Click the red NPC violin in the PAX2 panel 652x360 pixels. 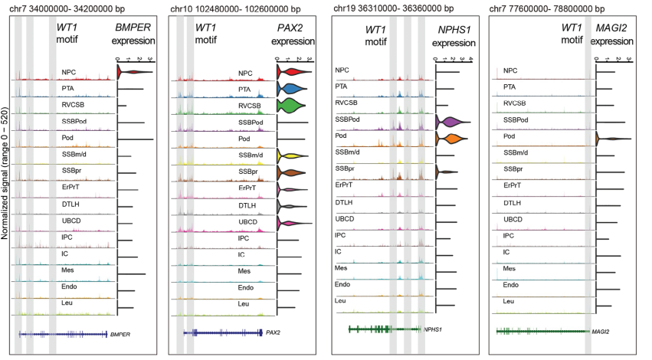(x=292, y=73)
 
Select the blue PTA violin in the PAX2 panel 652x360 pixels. (x=292, y=89)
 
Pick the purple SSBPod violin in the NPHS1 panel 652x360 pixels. (x=451, y=122)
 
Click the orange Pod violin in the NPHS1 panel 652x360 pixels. (x=450, y=139)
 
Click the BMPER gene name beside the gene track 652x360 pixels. (x=121, y=334)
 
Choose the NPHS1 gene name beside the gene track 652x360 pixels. (x=434, y=329)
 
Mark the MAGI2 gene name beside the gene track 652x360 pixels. (x=601, y=332)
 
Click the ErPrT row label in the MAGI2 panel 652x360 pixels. (x=513, y=185)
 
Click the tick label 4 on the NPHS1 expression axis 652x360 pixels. (x=470, y=57)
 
